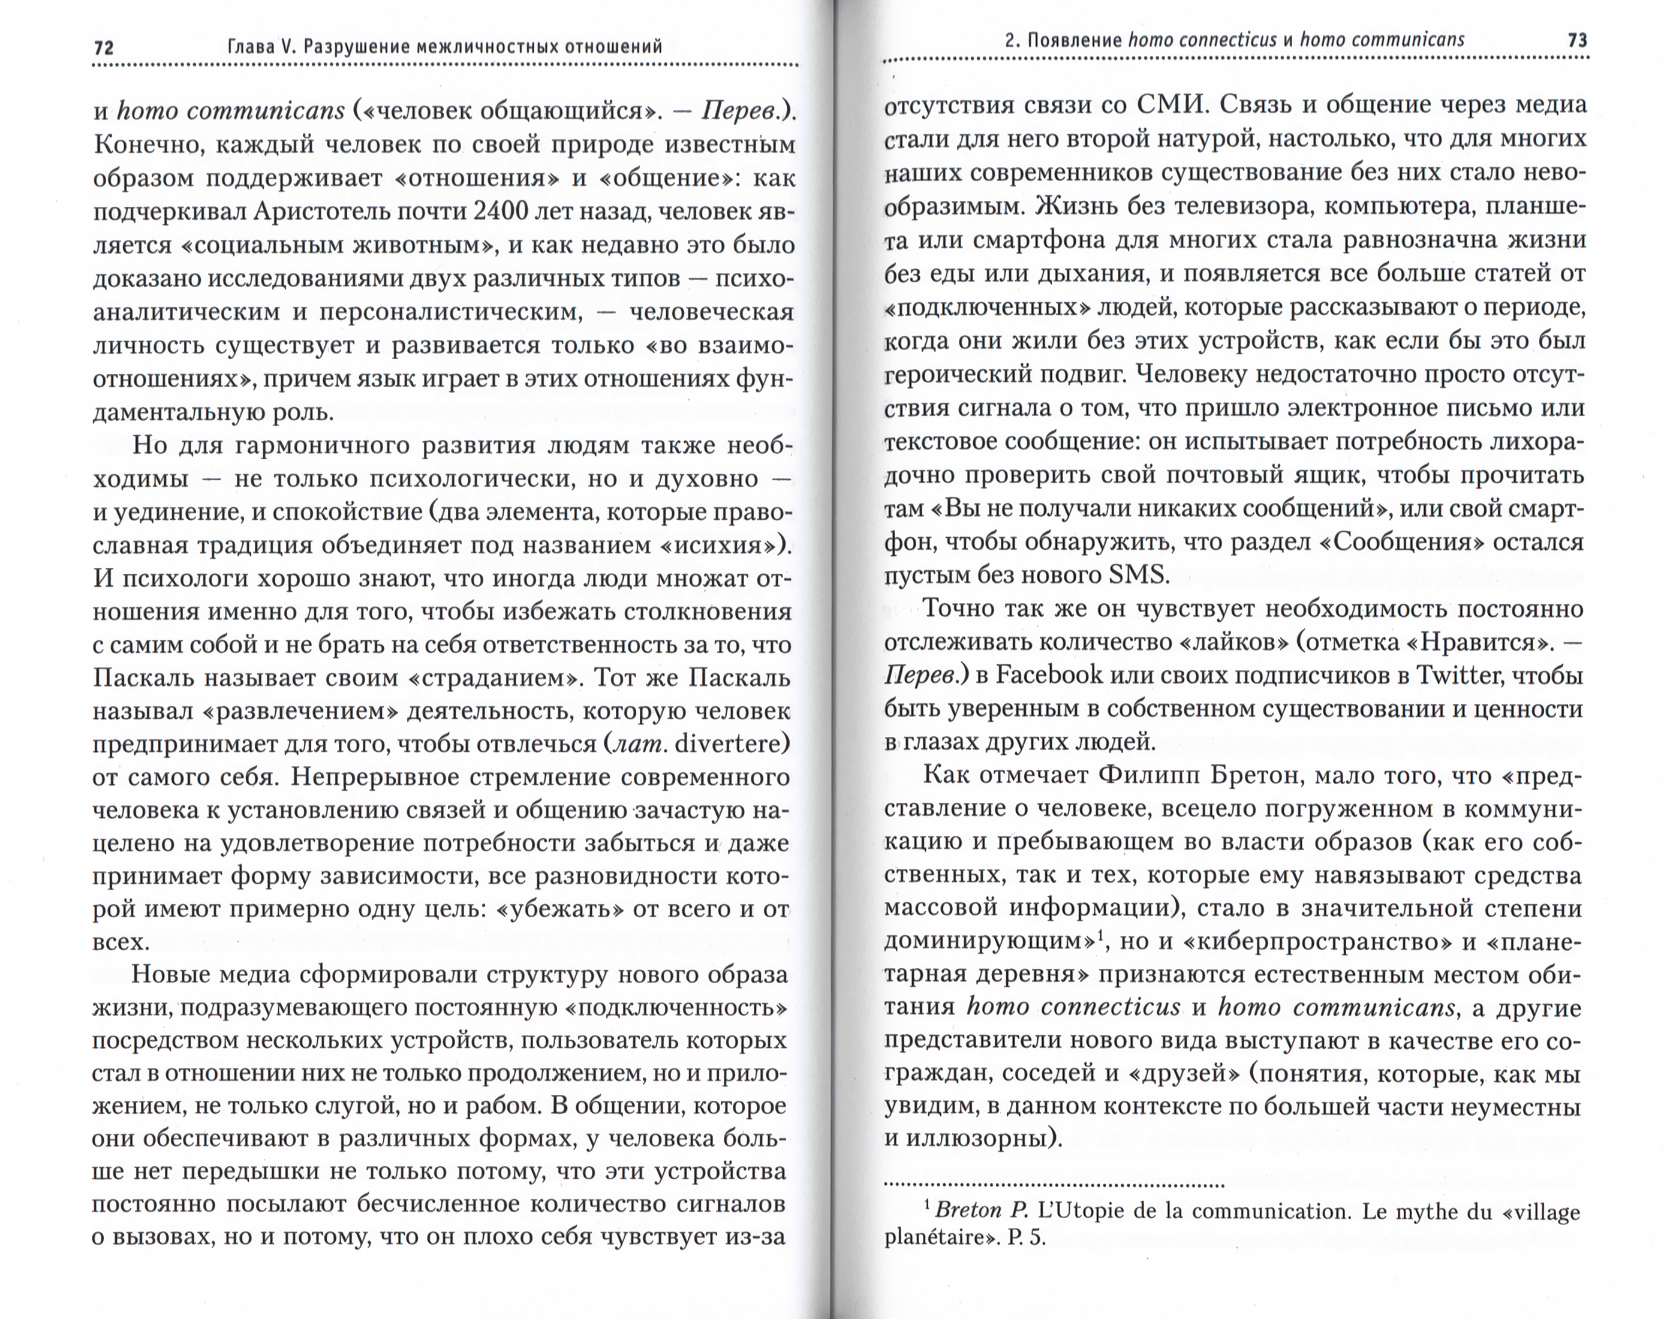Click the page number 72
coord(103,48)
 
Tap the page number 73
coord(1578,40)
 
